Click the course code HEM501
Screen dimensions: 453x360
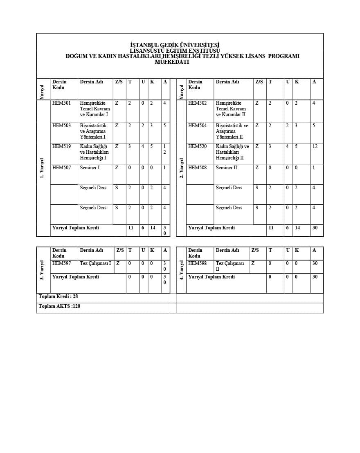61,103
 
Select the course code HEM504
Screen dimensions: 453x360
197,126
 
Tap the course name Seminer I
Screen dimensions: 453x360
90,168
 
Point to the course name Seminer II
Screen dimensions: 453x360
226,168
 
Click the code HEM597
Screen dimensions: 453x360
61,263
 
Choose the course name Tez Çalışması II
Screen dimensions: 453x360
229,266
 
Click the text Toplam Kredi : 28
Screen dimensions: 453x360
58,296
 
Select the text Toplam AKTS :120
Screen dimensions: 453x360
59,306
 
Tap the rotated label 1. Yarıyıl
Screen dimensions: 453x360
42,168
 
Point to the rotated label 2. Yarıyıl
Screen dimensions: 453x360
181,168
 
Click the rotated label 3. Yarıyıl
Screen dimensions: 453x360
42,270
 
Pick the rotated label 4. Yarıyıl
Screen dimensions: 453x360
181,270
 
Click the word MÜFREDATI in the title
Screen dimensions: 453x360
172,62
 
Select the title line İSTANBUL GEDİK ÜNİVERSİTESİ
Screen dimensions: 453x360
175,45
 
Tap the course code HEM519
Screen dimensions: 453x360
61,146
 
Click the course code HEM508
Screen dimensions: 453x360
197,168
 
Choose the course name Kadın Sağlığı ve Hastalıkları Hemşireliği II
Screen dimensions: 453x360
232,152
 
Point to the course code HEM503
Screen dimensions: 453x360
61,126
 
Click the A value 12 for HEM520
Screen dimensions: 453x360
315,146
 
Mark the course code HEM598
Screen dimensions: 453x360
197,263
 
